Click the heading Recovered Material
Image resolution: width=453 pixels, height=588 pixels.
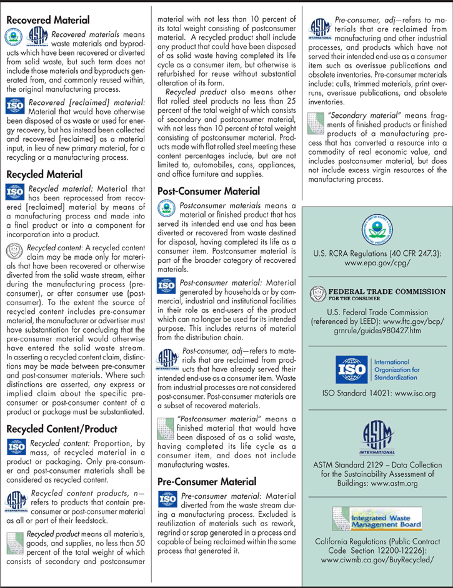(47, 20)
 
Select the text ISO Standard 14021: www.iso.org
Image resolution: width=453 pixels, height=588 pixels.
(376, 394)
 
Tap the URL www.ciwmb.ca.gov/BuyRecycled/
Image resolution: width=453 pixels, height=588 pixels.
(376, 559)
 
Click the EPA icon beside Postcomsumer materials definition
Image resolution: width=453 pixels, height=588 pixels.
(166, 208)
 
